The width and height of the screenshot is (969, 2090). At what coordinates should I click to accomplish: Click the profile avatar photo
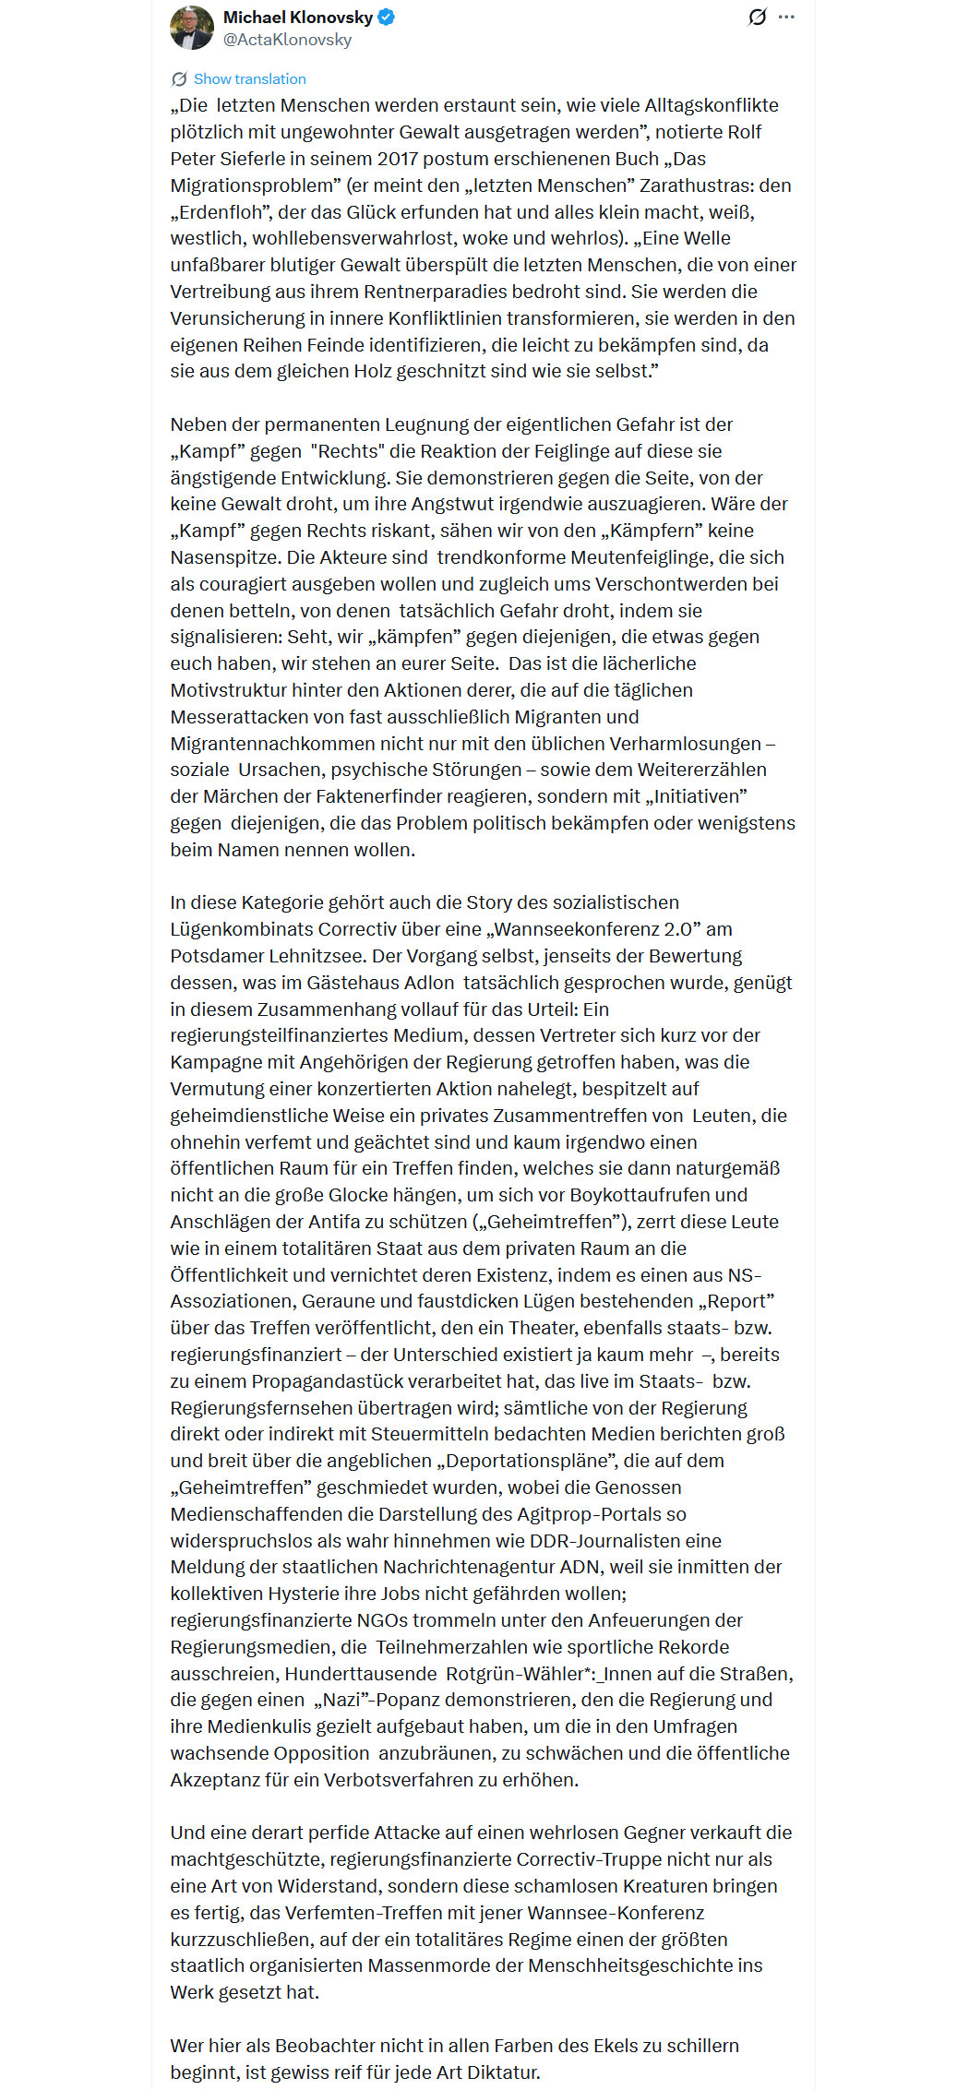(192, 28)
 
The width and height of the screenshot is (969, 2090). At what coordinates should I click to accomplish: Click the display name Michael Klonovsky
(297, 18)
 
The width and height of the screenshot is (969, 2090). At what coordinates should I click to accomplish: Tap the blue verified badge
(387, 18)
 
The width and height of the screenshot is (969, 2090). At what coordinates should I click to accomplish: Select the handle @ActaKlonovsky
(287, 40)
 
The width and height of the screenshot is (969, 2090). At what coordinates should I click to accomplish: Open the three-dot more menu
(786, 18)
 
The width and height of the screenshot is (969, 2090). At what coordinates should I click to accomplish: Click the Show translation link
(249, 79)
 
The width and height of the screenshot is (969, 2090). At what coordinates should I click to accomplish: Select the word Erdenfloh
(221, 212)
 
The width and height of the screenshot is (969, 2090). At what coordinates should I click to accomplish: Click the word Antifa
(318, 1222)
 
